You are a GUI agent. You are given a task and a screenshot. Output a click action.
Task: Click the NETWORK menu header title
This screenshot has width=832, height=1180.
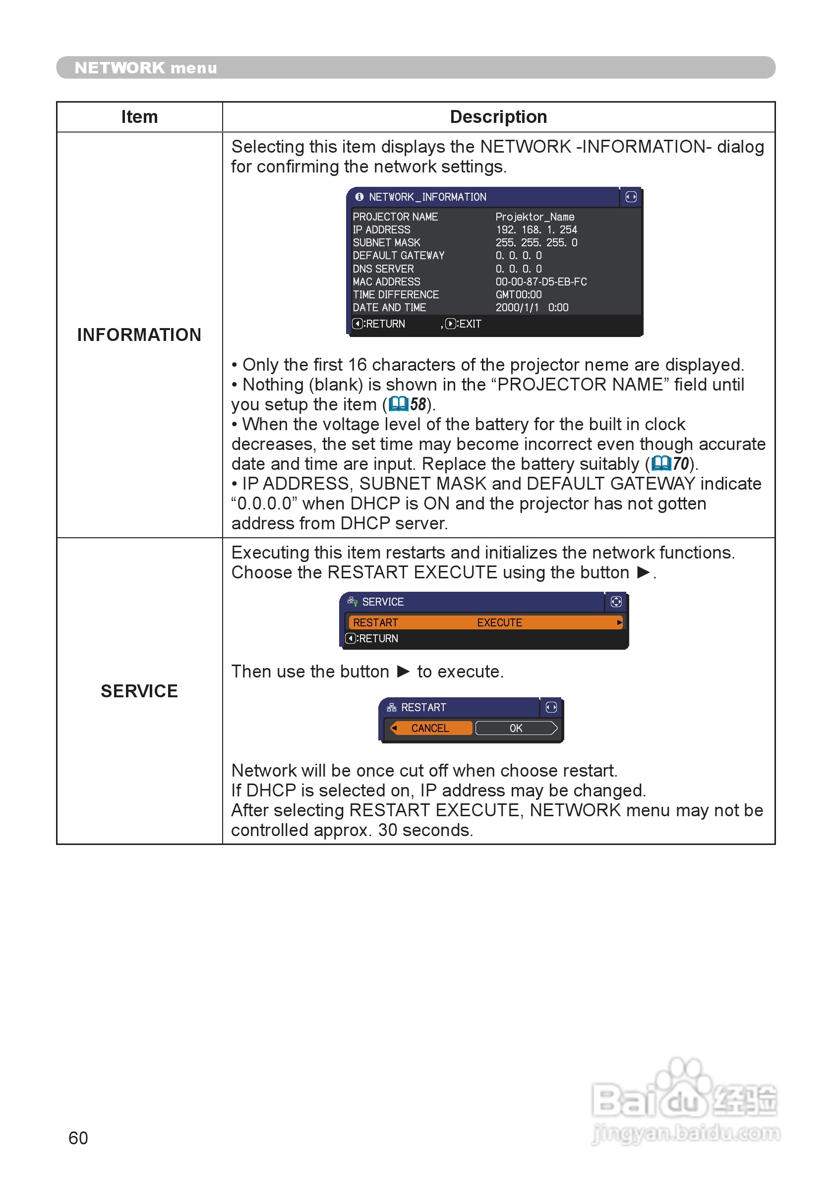pyautogui.click(x=145, y=68)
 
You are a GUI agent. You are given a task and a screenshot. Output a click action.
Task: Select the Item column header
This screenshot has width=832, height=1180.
pyautogui.click(x=139, y=117)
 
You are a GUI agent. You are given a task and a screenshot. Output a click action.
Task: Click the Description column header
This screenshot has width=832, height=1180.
pyautogui.click(x=498, y=117)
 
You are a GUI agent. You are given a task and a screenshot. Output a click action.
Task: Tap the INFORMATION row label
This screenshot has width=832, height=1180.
pyautogui.click(x=139, y=335)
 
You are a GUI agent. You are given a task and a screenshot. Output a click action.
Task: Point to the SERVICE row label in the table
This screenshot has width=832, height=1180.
pyautogui.click(x=139, y=691)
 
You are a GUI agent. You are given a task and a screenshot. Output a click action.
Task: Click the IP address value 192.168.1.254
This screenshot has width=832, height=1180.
pyautogui.click(x=536, y=230)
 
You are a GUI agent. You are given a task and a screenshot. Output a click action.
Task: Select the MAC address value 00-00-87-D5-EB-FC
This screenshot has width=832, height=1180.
pyautogui.click(x=540, y=281)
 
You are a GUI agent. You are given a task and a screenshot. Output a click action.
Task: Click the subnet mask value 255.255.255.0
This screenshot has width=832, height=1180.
pyautogui.click(x=536, y=242)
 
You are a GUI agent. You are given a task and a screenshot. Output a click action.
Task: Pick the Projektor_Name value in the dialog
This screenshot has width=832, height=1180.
pyautogui.click(x=535, y=217)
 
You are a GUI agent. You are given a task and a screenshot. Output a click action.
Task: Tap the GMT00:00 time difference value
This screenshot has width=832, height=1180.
pyautogui.click(x=518, y=294)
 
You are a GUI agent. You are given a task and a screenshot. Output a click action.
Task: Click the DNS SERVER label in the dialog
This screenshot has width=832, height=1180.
pyautogui.click(x=383, y=269)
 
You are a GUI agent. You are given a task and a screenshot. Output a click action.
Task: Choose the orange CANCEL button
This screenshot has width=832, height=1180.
pyautogui.click(x=430, y=728)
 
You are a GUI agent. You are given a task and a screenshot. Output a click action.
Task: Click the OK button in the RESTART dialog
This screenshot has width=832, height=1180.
pyautogui.click(x=516, y=728)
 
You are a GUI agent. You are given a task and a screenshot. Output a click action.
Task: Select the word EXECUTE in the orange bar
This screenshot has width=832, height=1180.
pyautogui.click(x=499, y=623)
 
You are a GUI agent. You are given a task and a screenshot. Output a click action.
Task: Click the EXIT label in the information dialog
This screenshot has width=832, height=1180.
pyautogui.click(x=470, y=324)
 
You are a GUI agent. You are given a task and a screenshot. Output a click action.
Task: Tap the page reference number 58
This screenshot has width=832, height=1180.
pyautogui.click(x=418, y=404)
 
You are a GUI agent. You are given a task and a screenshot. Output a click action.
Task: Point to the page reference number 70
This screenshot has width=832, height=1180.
pyautogui.click(x=681, y=464)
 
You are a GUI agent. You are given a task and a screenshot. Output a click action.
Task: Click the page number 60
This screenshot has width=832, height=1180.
pyautogui.click(x=78, y=1138)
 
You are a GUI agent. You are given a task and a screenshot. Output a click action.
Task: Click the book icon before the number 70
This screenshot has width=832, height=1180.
pyautogui.click(x=661, y=464)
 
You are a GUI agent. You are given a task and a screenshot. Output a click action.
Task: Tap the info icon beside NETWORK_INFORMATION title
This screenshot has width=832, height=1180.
pyautogui.click(x=359, y=197)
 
